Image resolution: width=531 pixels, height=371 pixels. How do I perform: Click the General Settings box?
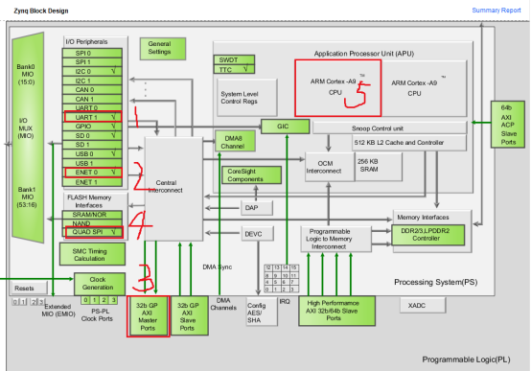pos(159,49)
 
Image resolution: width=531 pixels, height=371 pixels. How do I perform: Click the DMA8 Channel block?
pos(234,142)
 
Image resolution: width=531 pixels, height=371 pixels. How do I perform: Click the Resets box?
pos(25,287)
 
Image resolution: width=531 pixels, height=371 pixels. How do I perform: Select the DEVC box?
pos(253,233)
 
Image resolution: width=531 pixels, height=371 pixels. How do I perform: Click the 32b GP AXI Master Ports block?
pos(148,315)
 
